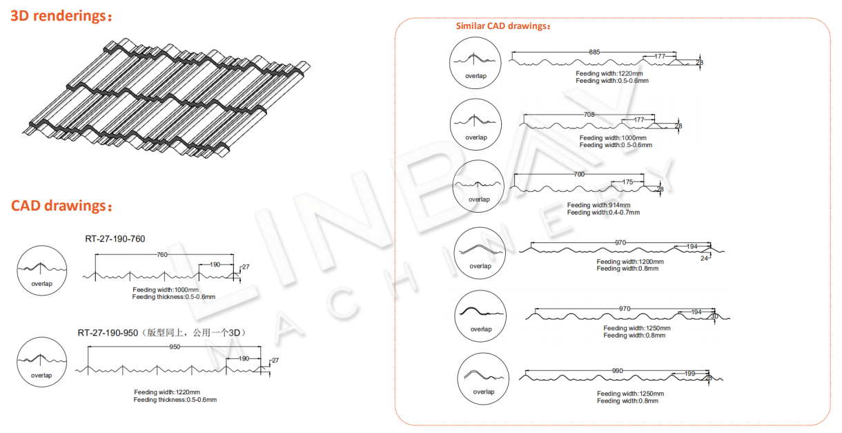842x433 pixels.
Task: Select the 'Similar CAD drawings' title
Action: [x=503, y=26]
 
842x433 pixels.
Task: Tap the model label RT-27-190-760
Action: [x=115, y=239]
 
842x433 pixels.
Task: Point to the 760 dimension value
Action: [x=162, y=255]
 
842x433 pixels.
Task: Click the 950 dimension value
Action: [x=175, y=347]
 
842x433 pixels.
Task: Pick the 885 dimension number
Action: [x=594, y=52]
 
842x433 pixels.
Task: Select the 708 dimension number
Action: [x=589, y=115]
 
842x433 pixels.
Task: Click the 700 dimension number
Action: [x=579, y=174]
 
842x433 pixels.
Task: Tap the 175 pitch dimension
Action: [x=627, y=182]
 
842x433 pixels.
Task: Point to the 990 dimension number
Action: [x=617, y=371]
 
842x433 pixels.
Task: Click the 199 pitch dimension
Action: [x=689, y=374]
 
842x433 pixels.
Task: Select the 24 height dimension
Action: [x=704, y=258]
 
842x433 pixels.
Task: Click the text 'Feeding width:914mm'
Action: [x=598, y=205]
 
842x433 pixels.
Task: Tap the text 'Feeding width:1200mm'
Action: [x=630, y=262]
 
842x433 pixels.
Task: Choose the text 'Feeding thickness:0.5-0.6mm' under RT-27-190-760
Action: [x=174, y=297]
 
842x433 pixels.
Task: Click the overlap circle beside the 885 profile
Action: [x=475, y=63]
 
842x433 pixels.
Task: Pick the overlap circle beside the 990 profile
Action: [x=483, y=379]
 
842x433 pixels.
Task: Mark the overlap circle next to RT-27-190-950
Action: [x=41, y=362]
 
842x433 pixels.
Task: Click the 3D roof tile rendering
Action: [x=166, y=98]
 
